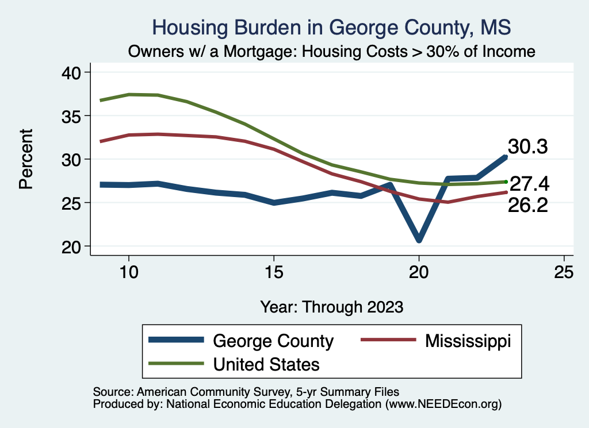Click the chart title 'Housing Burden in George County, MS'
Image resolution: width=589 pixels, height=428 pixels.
tap(331, 27)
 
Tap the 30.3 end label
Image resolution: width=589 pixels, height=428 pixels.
tap(527, 147)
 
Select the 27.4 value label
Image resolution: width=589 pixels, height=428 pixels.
tap(529, 184)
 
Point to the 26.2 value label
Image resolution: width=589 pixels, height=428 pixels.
tap(527, 205)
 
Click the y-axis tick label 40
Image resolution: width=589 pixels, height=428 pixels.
tap(73, 72)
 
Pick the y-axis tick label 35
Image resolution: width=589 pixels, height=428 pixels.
tap(73, 116)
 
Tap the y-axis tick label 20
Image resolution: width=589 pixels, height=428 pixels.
tap(73, 246)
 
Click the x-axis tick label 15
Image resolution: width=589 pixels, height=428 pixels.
tap(274, 272)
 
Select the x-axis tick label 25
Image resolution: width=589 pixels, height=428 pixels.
tap(564, 272)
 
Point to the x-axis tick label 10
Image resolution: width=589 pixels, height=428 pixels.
tap(128, 272)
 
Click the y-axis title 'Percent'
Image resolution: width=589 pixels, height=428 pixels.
tap(25, 159)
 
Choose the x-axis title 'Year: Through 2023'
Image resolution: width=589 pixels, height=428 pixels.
tap(331, 307)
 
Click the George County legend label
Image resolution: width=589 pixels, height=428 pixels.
tap(273, 341)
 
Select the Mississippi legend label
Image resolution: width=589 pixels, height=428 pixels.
tap(468, 341)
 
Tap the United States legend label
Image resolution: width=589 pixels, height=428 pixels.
tap(266, 364)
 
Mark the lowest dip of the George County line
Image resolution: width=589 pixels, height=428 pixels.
tap(419, 238)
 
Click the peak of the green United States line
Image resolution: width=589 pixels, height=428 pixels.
tap(129, 94)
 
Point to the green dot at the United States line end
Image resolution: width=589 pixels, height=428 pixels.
tap(506, 182)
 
